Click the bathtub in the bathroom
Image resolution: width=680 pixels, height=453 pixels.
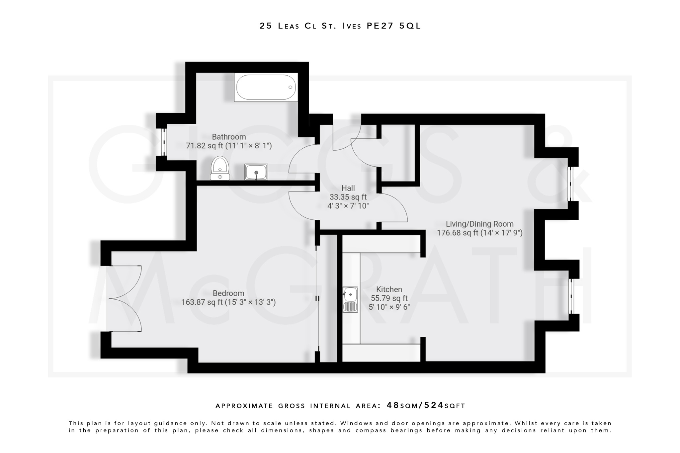(x=266, y=87)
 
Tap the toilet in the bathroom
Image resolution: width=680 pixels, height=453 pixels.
(x=220, y=168)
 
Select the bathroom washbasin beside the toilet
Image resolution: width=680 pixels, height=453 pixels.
(x=256, y=172)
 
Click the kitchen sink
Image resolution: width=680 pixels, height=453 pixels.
(x=350, y=299)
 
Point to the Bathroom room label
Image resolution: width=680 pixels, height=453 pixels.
(x=229, y=137)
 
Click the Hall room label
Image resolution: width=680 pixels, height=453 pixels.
(x=348, y=188)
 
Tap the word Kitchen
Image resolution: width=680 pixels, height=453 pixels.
(x=389, y=289)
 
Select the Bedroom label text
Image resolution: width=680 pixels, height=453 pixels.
(x=228, y=293)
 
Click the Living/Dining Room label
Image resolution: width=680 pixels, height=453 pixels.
(x=479, y=224)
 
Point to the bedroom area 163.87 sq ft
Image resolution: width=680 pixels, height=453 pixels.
(x=202, y=302)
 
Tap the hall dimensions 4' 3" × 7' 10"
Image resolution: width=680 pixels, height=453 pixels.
(x=348, y=206)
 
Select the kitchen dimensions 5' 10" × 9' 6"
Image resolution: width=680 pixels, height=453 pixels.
(x=389, y=307)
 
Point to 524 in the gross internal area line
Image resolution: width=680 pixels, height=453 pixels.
(x=434, y=405)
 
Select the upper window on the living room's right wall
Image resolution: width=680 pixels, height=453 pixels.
(x=570, y=184)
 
